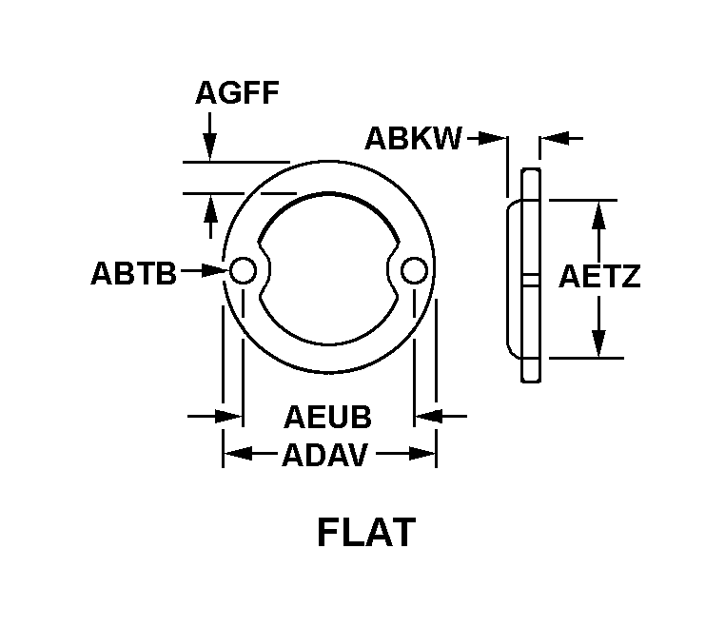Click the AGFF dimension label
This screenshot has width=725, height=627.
coord(237,92)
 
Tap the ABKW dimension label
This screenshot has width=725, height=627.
coord(413,138)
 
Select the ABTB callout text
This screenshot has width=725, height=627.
coord(133,273)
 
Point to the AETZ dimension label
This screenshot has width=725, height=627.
coord(599,277)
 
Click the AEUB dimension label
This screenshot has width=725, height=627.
coord(328,417)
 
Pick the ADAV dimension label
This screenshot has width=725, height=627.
coord(325,455)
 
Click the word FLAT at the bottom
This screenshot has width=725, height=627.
coord(366,533)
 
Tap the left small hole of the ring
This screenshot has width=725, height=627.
coord(243,270)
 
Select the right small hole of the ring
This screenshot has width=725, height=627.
coord(414,270)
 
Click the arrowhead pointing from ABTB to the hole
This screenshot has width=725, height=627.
coord(215,270)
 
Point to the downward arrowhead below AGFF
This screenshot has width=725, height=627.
coord(210,147)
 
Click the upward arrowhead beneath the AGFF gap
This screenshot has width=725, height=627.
coord(211,208)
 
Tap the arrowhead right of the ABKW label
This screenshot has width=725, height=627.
coord(493,138)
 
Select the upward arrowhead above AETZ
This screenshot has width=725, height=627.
coord(598,215)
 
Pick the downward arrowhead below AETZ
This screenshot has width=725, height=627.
coord(598,343)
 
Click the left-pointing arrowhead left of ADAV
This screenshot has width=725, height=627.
coord(238,454)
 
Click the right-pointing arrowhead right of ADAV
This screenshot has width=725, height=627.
coord(421,454)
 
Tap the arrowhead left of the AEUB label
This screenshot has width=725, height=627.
coord(229,416)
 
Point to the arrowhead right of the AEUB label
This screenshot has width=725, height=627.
coord(428,416)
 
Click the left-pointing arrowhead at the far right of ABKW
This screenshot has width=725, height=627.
coord(554,138)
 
